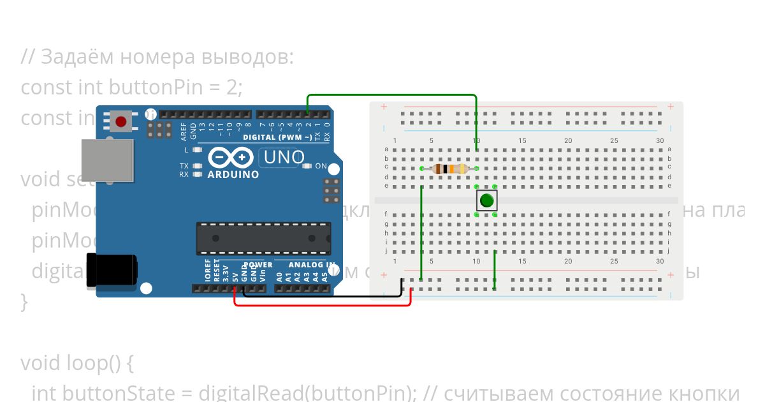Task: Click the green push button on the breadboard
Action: (x=486, y=201)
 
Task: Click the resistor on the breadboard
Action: (x=449, y=169)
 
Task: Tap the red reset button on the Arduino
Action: (x=120, y=121)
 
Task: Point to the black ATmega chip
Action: (x=263, y=239)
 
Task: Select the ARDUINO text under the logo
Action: (x=233, y=174)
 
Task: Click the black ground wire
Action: (x=322, y=296)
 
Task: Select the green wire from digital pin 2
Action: (x=392, y=95)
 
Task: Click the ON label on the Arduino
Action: (x=321, y=167)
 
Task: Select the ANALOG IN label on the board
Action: (x=312, y=265)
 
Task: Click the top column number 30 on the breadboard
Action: (x=660, y=141)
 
